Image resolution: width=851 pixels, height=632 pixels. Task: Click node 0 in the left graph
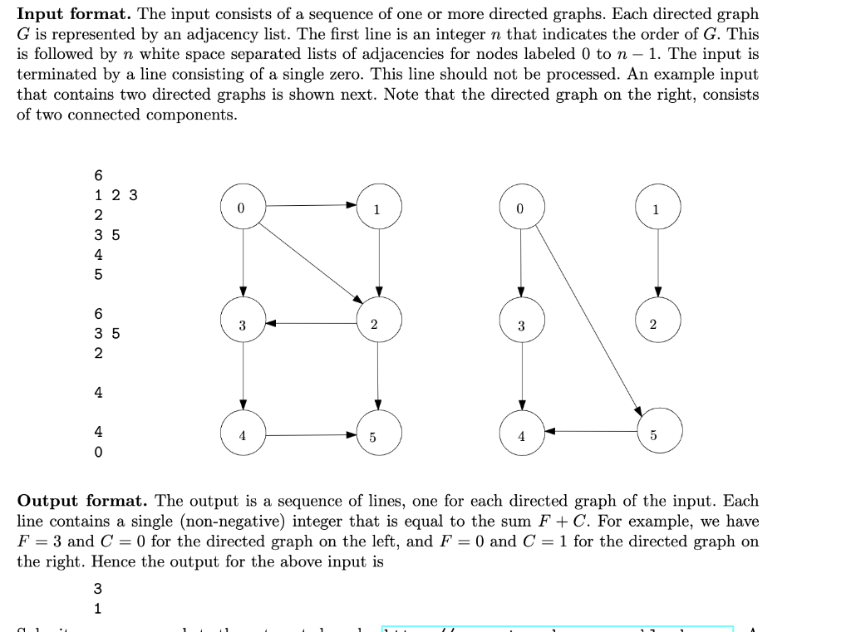[x=243, y=207]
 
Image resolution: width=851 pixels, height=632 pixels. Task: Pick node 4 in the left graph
[x=243, y=434]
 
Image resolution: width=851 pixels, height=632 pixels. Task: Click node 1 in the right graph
[x=658, y=207]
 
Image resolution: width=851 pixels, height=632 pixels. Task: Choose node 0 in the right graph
[x=521, y=207]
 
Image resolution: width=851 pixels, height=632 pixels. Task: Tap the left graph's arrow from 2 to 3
[x=311, y=324]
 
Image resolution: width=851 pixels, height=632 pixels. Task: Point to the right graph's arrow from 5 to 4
[x=590, y=431]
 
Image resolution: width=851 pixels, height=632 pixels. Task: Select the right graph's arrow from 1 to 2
[x=658, y=262]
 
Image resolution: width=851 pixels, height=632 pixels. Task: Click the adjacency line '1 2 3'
[x=116, y=196]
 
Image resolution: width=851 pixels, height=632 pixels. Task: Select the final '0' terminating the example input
[x=99, y=453]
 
